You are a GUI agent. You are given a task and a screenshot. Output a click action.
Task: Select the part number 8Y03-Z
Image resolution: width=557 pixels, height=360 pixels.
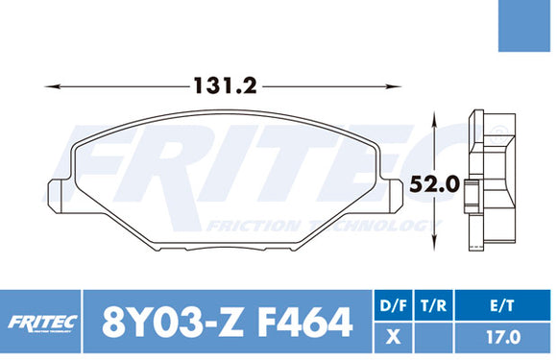point(158,322)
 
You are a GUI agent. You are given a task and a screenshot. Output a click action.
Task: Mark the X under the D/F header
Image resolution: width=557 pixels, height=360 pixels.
point(392,338)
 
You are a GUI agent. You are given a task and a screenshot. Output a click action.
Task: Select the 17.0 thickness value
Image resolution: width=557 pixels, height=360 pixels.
point(504,338)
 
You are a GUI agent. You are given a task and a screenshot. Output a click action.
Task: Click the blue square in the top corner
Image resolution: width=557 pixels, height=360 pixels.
point(527,26)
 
